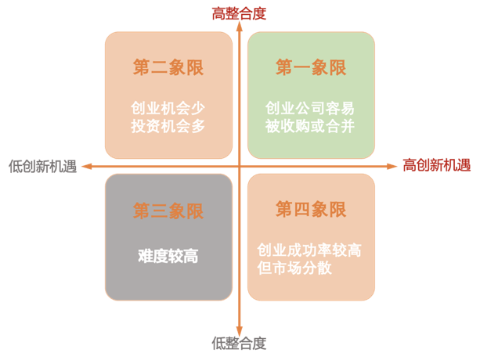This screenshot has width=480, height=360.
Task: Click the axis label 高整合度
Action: click(x=239, y=14)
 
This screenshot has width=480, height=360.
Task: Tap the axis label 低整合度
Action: click(x=239, y=344)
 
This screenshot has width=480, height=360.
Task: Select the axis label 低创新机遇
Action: click(x=42, y=167)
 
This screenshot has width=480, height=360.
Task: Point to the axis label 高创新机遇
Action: click(x=436, y=165)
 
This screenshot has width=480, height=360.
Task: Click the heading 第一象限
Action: click(x=311, y=67)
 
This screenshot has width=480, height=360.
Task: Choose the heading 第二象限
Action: click(x=168, y=67)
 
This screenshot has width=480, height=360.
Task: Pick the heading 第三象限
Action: click(x=168, y=211)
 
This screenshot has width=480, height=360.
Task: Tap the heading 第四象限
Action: click(x=311, y=210)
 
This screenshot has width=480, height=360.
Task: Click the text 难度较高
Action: click(x=168, y=256)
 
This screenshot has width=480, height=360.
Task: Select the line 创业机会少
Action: click(x=168, y=108)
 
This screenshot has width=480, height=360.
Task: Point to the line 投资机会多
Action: click(x=168, y=126)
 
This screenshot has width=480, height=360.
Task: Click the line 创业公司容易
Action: click(x=310, y=108)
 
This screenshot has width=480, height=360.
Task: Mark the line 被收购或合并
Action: click(x=310, y=126)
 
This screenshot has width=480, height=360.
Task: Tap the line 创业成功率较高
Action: click(x=309, y=250)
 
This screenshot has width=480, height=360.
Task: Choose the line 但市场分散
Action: click(x=294, y=268)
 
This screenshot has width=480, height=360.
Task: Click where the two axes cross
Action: click(x=240, y=167)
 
